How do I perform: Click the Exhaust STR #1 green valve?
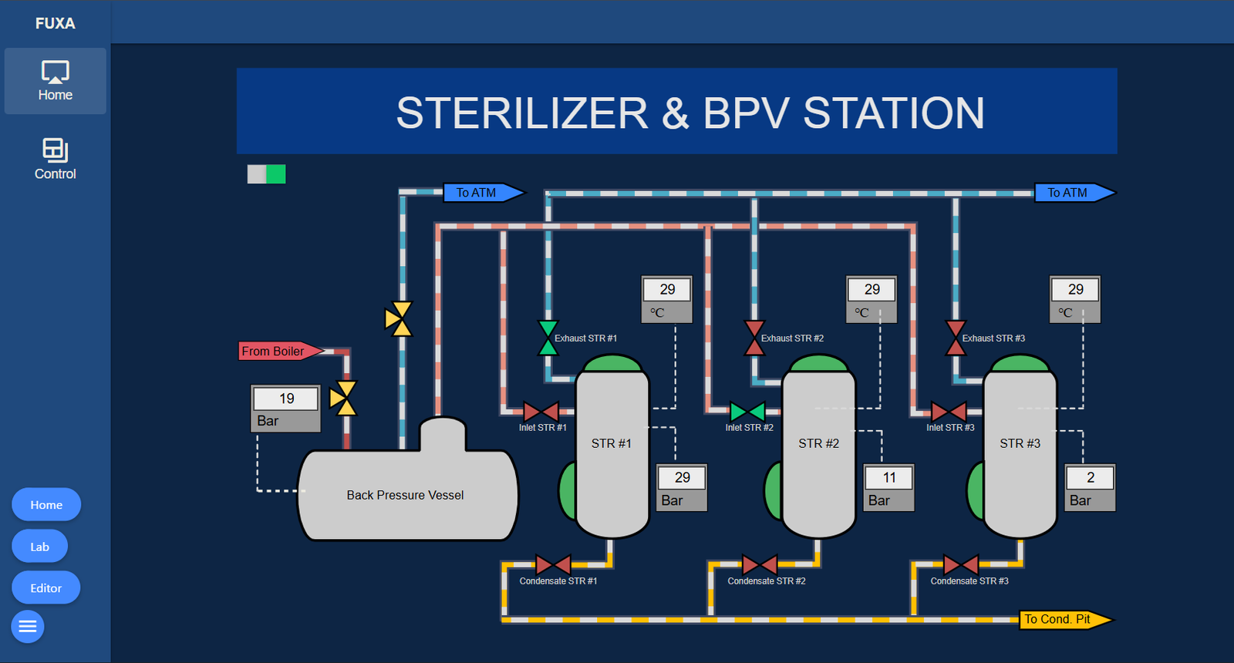pos(548,338)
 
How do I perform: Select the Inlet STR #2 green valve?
pos(747,412)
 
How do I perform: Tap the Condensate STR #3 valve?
pos(961,565)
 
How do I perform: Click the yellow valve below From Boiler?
pos(343,398)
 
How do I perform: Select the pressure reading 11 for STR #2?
pos(889,478)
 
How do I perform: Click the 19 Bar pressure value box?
pos(286,399)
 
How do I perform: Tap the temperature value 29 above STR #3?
pos(1075,290)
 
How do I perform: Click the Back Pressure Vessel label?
pos(405,496)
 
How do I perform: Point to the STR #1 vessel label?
pos(611,444)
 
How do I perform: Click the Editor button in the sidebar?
pos(46,588)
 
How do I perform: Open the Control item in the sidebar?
pos(56,159)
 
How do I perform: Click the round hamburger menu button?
pos(28,627)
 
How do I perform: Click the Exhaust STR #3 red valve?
pos(956,338)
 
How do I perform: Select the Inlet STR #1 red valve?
pos(541,412)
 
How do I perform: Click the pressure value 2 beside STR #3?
pos(1090,478)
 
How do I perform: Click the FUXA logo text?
pos(56,24)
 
